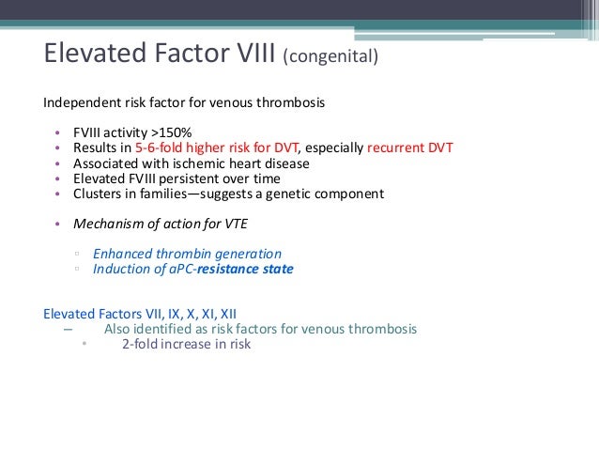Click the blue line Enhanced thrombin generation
(187, 254)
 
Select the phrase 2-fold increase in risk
(186, 344)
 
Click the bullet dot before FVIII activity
(57, 132)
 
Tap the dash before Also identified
(67, 329)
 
